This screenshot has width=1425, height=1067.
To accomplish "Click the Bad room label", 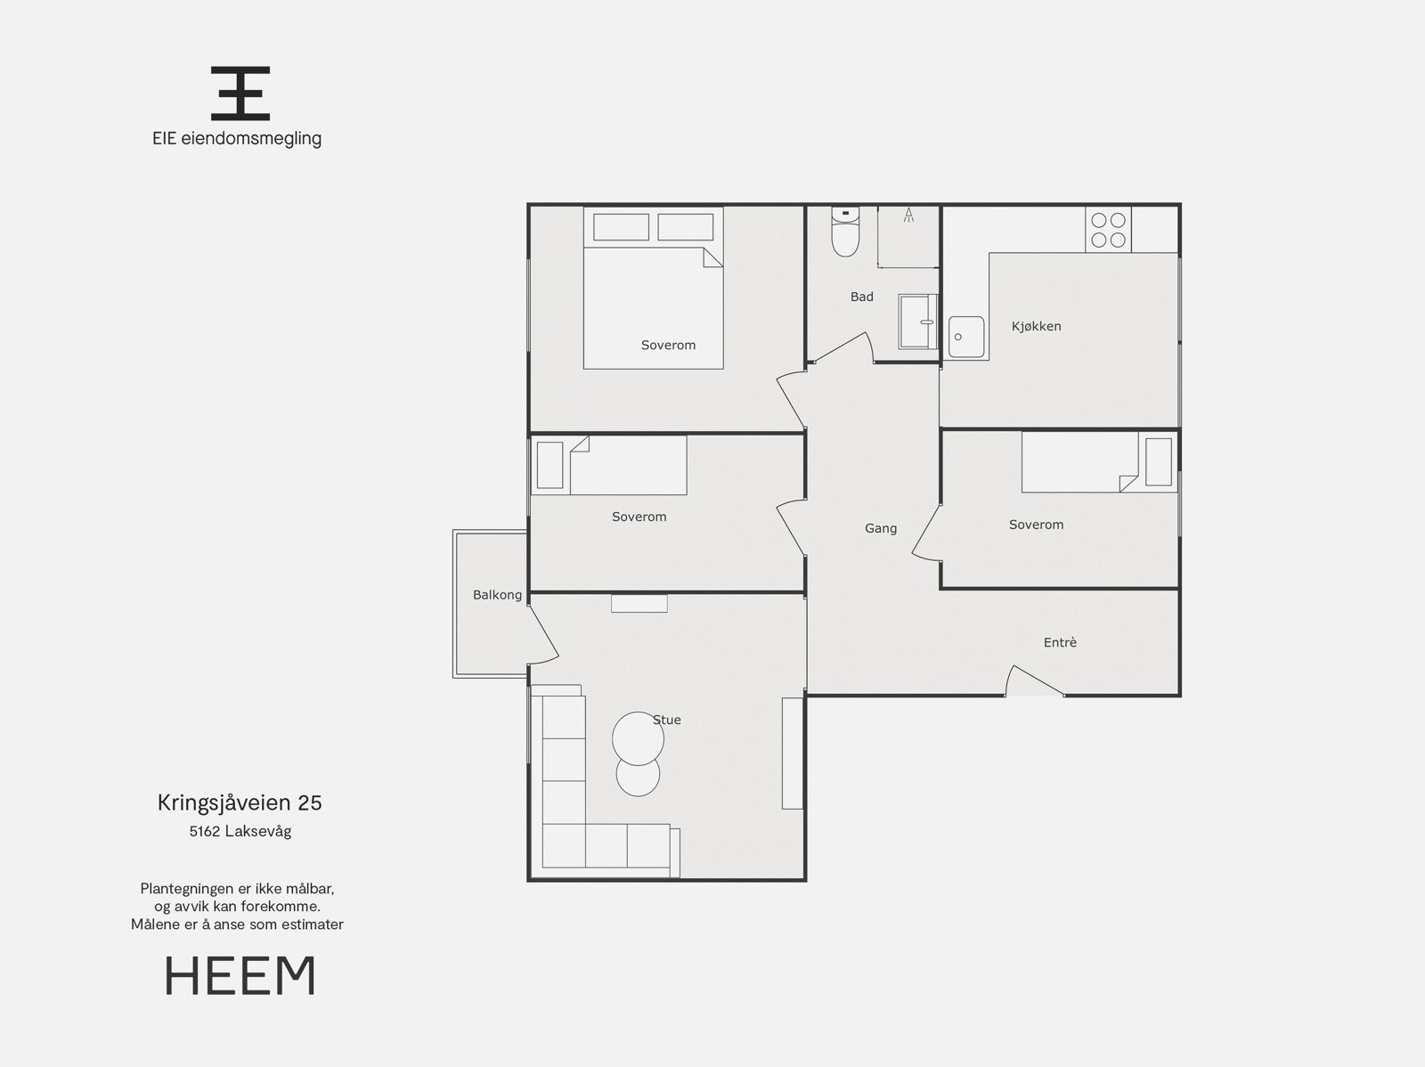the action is point(861,297).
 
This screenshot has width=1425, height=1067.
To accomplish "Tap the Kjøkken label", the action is point(1036,326).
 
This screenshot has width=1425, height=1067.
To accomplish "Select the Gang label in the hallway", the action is point(880,528).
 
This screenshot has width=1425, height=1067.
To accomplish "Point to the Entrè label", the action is point(1060,642).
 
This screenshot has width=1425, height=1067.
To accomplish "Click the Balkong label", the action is point(497,594).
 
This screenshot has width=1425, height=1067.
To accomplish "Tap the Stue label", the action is point(667,719).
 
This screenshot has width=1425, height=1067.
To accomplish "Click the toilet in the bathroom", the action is point(845,232).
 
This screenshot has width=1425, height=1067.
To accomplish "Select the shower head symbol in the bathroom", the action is point(908,215).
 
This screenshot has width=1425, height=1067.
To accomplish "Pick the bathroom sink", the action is point(918,322).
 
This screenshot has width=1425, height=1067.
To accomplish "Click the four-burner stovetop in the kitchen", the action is point(1108,230).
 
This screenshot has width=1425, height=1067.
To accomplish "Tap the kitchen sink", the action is point(966,337).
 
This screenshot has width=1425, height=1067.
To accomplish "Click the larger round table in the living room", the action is point(638,738).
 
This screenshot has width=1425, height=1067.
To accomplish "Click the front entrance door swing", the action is point(1034,680).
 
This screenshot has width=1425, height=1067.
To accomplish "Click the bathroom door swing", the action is point(842,346).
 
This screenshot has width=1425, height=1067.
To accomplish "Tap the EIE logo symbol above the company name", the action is point(240,94).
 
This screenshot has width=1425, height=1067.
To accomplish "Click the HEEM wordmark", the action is point(240,975).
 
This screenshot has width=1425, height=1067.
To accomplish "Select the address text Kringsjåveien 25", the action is point(240,803).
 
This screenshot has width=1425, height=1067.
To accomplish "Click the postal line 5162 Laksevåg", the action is point(240,831).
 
